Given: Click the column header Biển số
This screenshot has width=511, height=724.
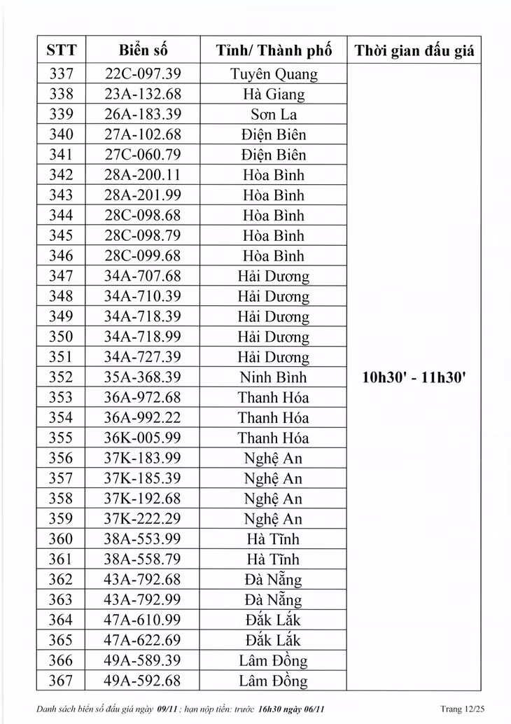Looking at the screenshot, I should tap(143, 50).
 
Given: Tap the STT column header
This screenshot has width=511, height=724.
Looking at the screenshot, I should tap(62, 50).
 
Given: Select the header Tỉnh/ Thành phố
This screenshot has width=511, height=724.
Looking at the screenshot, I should tap(274, 50).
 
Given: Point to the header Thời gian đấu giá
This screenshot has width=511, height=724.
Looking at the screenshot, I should tap(414, 50).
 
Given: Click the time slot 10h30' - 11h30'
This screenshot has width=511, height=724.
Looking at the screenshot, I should tap(414, 377).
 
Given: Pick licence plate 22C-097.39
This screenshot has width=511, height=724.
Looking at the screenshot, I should tap(143, 74).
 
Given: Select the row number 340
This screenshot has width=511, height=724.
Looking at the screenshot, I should tap(62, 134).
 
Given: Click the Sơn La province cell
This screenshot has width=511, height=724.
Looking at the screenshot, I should tap(274, 115).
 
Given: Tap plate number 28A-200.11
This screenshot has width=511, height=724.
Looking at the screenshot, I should tap(143, 175).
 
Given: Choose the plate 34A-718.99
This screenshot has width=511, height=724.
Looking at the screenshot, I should tap(143, 337).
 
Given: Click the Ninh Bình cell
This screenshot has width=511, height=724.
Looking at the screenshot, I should tap(274, 377).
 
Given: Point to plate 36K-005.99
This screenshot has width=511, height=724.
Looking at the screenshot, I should tap(143, 438).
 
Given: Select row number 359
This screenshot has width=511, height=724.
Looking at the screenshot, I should tap(62, 519).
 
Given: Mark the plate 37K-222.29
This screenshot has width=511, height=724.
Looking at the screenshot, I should tap(143, 519).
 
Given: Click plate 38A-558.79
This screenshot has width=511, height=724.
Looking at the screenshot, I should tap(143, 559).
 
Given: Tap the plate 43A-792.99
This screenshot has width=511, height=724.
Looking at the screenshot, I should tap(143, 600).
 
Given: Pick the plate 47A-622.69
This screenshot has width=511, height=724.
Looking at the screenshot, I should tap(143, 641).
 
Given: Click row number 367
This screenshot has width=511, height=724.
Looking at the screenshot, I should tap(62, 681).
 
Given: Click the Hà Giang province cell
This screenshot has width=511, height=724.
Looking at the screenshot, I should tap(274, 95).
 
